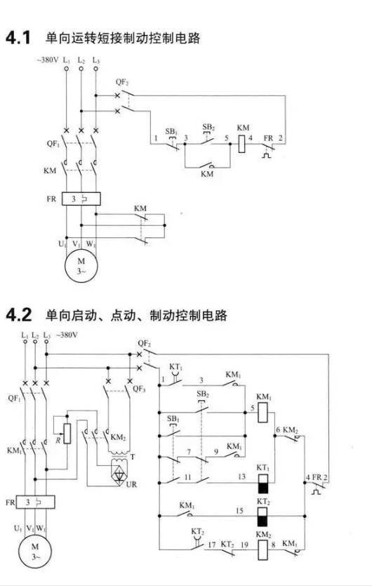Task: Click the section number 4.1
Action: tap(18, 38)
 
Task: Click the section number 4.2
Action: tap(18, 314)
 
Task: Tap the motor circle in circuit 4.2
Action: tap(35, 551)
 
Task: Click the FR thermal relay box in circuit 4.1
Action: tap(81, 199)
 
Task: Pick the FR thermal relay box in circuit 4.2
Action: tap(36, 502)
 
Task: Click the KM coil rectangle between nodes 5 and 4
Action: tap(241, 143)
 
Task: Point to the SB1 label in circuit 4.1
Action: tap(171, 131)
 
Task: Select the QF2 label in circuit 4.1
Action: tap(122, 82)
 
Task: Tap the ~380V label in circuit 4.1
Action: tap(48, 60)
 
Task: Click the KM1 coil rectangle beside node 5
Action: tap(263, 413)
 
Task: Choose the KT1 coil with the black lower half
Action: tap(263, 484)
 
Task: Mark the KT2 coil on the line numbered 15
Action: tap(263, 517)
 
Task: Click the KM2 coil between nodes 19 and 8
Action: tap(263, 550)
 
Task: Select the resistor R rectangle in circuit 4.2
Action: tap(67, 433)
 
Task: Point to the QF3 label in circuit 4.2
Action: tap(139, 389)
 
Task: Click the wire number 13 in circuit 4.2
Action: tap(242, 477)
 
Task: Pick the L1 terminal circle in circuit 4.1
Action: tap(66, 69)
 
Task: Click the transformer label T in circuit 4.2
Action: tap(133, 457)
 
